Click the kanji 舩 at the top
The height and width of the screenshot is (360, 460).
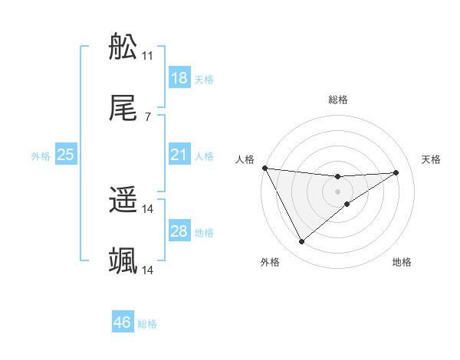coord(123,48)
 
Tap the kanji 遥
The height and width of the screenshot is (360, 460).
coord(123,201)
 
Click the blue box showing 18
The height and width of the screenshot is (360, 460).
coord(179,78)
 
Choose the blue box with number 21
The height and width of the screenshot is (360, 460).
coord(179,155)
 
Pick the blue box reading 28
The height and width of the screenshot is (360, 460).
coord(179,231)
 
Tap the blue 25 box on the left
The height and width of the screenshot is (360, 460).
coord(65,155)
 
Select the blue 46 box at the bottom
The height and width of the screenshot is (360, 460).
coord(122,322)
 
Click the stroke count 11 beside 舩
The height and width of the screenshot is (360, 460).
coord(147,56)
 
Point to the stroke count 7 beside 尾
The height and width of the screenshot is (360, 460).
coord(147,117)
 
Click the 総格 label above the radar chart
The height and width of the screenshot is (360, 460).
coord(338,100)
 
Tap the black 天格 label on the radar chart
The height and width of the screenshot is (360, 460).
coord(432,159)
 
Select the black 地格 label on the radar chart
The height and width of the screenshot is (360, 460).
coord(402,262)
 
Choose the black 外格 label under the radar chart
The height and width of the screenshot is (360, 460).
coord(270,262)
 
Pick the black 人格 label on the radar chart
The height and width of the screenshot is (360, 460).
coord(245,159)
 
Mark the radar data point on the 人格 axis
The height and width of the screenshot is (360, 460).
coord(264,168)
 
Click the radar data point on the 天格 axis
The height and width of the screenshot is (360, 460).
coord(396,172)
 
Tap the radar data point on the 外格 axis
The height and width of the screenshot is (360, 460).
coord(301,242)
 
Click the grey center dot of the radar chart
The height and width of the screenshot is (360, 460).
coord(338,191)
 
